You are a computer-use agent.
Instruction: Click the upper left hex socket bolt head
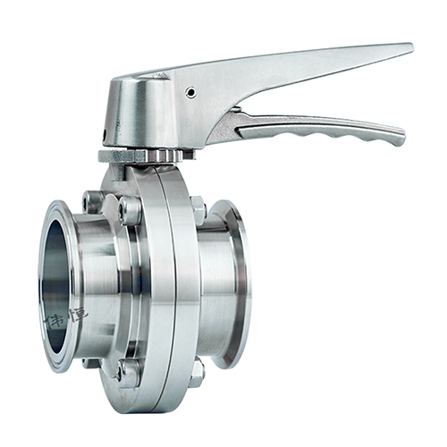point(130,211)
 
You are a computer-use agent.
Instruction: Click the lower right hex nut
point(197,368)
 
